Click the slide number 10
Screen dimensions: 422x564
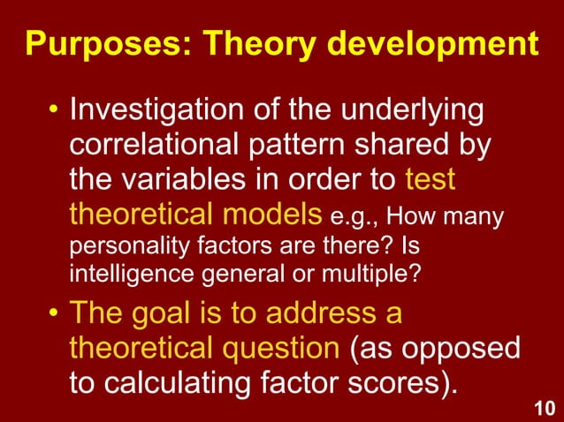[x=546, y=407]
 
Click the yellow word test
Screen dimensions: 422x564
[x=430, y=180]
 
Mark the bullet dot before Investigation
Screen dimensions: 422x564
[x=54, y=112]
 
